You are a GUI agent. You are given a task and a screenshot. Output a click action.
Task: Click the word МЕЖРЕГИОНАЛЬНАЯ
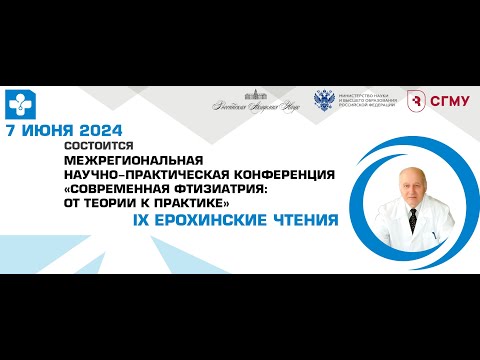(x=132, y=160)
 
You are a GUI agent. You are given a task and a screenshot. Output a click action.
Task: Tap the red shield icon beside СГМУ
(x=413, y=99)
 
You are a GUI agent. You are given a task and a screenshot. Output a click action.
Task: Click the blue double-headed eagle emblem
(x=325, y=101)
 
